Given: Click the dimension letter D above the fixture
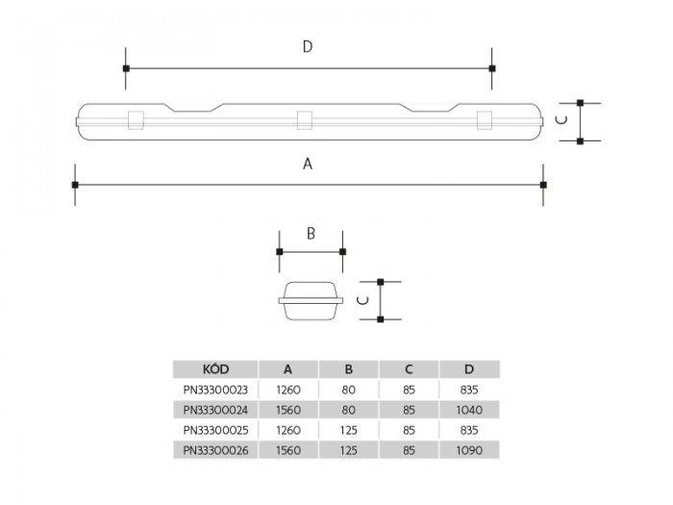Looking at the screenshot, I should pos(307,48).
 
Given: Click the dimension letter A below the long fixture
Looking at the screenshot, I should pos(308,164).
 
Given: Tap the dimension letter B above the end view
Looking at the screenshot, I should pos(311,233).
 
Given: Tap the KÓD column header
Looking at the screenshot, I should pos(215,368).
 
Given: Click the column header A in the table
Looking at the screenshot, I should pos(288,368).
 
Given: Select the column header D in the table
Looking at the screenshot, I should pos(469,368).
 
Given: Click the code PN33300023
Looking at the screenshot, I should pos(215,391).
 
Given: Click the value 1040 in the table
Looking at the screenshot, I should pos(469,411).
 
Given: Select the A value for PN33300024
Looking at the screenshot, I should pos(288,411).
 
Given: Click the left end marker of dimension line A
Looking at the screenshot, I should pos(75,184).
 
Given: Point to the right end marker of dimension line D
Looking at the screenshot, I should pos(492,68).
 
